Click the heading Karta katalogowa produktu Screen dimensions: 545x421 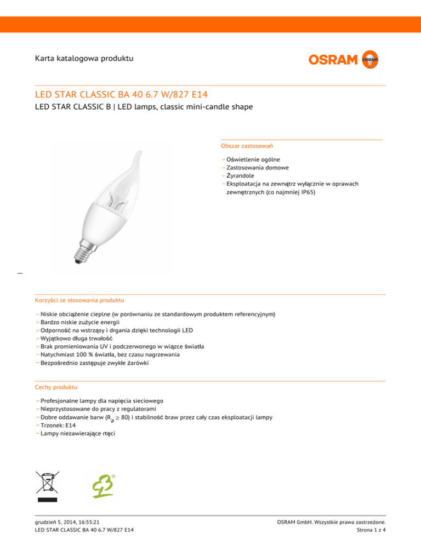[x=83, y=58]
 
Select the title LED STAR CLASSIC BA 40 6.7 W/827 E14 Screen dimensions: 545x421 [x=121, y=95]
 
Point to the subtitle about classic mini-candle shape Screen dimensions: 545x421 [x=144, y=107]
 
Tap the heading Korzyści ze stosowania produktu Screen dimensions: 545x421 [x=79, y=300]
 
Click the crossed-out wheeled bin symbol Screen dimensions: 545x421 [x=47, y=485]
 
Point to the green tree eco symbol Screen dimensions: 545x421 [x=103, y=485]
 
